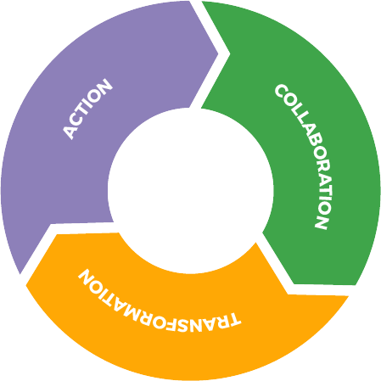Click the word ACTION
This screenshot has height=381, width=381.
87,109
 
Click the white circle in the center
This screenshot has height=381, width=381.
190,190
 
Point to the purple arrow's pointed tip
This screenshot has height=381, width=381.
218,53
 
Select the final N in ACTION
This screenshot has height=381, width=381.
104,86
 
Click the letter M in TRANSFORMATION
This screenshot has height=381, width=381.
131,311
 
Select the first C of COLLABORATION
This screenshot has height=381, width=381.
281,92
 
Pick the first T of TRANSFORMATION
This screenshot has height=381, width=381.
233,319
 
